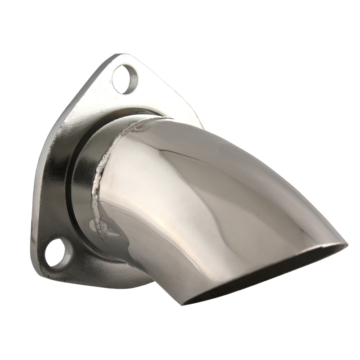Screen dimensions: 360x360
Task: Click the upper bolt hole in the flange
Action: pos(124,78)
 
